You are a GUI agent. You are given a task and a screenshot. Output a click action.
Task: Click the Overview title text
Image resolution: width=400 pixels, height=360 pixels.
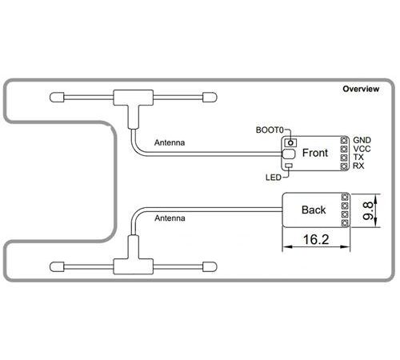[x=361, y=89]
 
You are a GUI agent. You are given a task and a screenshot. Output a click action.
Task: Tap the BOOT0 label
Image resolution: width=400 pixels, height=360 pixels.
[x=270, y=130]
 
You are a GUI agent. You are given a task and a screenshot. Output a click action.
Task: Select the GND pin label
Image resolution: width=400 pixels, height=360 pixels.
[x=362, y=140]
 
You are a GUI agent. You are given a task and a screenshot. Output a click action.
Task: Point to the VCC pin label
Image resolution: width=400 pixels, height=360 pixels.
[x=362, y=149]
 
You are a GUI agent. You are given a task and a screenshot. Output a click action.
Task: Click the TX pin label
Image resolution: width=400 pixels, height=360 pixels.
[x=358, y=157]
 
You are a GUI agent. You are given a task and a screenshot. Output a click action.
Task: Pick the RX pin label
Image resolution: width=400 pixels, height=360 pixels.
[x=358, y=166]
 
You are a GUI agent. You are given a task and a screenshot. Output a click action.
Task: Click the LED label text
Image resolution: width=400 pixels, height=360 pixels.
[x=274, y=178]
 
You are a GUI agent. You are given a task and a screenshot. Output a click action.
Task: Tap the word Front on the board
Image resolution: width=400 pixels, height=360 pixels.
[x=315, y=153]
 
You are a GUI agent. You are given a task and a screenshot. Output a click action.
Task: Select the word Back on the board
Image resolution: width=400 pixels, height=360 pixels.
[x=314, y=210]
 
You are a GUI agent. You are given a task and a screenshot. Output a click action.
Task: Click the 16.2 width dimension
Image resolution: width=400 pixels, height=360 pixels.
[x=316, y=239]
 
